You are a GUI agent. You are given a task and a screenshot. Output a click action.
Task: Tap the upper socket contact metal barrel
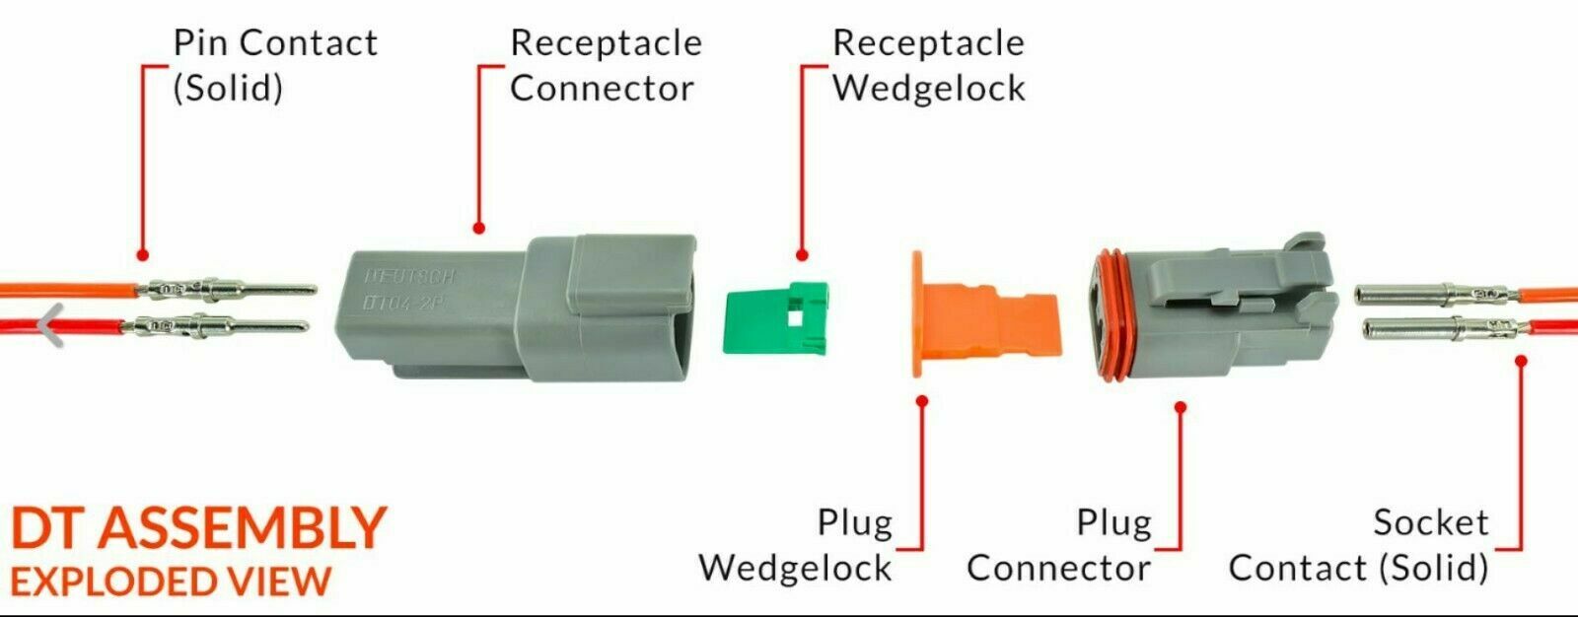[x=1400, y=293]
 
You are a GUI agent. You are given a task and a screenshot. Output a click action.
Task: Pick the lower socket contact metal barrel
[x=1405, y=329]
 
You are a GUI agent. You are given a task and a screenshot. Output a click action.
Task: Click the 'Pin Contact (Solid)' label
[x=274, y=65]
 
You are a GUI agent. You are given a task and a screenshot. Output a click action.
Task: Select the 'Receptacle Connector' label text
[x=605, y=65]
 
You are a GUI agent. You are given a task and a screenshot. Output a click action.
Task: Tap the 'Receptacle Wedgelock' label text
[x=928, y=65]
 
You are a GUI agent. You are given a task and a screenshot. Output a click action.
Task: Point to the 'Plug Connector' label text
[x=1058, y=544]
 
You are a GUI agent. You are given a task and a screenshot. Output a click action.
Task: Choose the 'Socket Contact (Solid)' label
[x=1359, y=544]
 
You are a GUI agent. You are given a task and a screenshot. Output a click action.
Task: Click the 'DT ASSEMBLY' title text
[x=197, y=528]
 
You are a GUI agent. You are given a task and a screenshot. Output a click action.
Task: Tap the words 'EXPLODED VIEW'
[x=170, y=582]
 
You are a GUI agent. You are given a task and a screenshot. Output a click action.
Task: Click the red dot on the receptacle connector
[x=479, y=228]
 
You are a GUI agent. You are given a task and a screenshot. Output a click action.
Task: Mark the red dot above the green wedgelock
[x=802, y=254]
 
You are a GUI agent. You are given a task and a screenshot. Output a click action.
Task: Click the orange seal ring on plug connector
[x=1112, y=315]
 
